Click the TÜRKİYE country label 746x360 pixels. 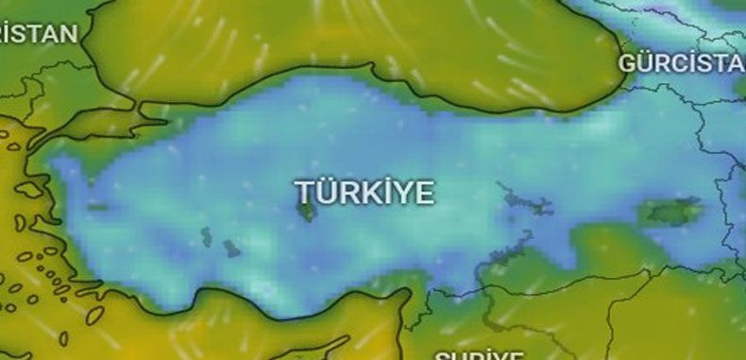(x=365, y=192)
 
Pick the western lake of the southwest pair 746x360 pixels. (x=206, y=235)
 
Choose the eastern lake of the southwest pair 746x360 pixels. (x=230, y=248)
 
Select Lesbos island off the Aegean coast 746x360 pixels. (x=28, y=189)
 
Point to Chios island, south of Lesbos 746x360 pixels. (x=21, y=223)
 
